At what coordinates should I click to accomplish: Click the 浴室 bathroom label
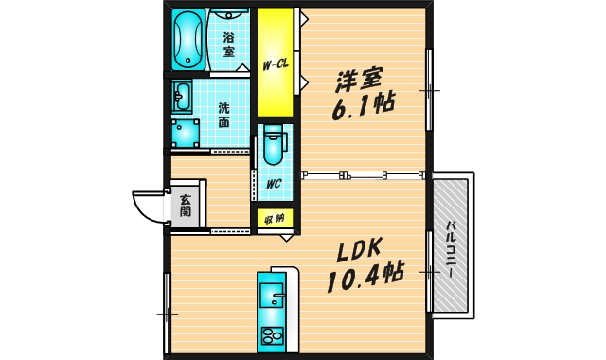pyautogui.click(x=229, y=45)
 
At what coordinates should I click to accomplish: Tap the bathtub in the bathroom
pyautogui.click(x=188, y=39)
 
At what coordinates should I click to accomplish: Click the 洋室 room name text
pyautogui.click(x=359, y=78)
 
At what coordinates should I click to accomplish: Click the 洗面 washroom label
pyautogui.click(x=224, y=115)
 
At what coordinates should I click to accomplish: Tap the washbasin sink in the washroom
pyautogui.click(x=183, y=97)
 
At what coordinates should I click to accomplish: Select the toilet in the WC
pyautogui.click(x=273, y=147)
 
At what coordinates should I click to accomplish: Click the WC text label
pyautogui.click(x=273, y=184)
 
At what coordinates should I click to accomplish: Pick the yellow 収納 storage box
pyautogui.click(x=276, y=219)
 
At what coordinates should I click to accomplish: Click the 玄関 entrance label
pyautogui.click(x=186, y=205)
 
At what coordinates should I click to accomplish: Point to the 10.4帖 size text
pyautogui.click(x=365, y=278)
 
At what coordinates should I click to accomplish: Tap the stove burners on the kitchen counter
pyautogui.click(x=272, y=335)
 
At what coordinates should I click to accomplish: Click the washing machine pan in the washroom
pyautogui.click(x=188, y=133)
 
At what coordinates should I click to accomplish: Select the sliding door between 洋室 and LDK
pyautogui.click(x=364, y=175)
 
